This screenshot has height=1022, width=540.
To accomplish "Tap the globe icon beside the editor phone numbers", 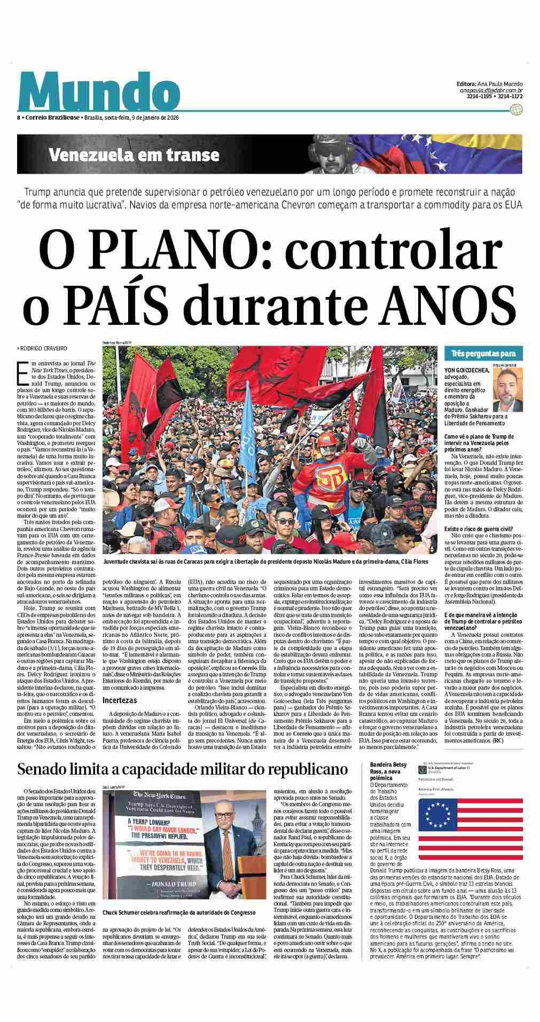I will point(515,110).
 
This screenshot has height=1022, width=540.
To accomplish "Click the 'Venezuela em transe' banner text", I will point(134,155).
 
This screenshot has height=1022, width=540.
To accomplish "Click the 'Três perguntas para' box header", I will point(479,354).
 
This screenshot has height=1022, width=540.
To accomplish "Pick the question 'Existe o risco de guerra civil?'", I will point(479,528).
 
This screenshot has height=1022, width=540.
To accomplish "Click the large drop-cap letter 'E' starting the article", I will point(23,373).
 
